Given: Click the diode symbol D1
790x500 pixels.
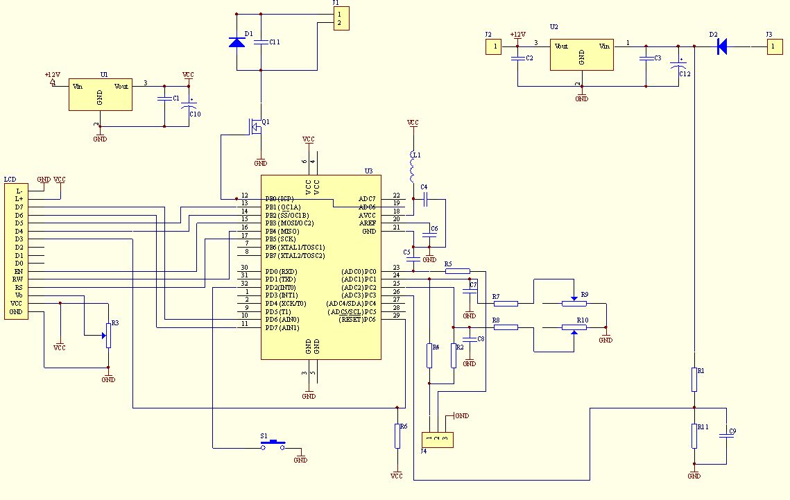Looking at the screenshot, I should tap(237, 42).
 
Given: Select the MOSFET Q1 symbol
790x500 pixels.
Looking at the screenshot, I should tap(257, 126).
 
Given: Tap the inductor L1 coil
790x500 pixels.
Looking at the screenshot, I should tap(413, 167).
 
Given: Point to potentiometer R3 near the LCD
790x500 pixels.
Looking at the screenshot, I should tap(108, 335).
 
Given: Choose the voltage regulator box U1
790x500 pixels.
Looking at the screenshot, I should tap(100, 94).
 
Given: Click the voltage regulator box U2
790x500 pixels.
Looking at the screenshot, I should tap(581, 54).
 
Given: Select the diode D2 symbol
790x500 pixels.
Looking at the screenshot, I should tap(721, 46).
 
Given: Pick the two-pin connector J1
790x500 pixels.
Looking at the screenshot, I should tap(339, 18).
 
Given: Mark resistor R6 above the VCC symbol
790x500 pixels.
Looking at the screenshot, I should tap(397, 436).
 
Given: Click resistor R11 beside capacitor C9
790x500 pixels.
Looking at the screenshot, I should tap(694, 436).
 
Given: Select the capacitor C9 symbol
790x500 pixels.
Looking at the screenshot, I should tap(727, 435).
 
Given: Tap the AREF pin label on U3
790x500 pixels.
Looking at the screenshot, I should tap(367, 223).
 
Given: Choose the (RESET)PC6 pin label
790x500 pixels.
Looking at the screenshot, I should tap(357, 319).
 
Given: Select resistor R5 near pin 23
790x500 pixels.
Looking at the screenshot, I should tap(457, 271).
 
